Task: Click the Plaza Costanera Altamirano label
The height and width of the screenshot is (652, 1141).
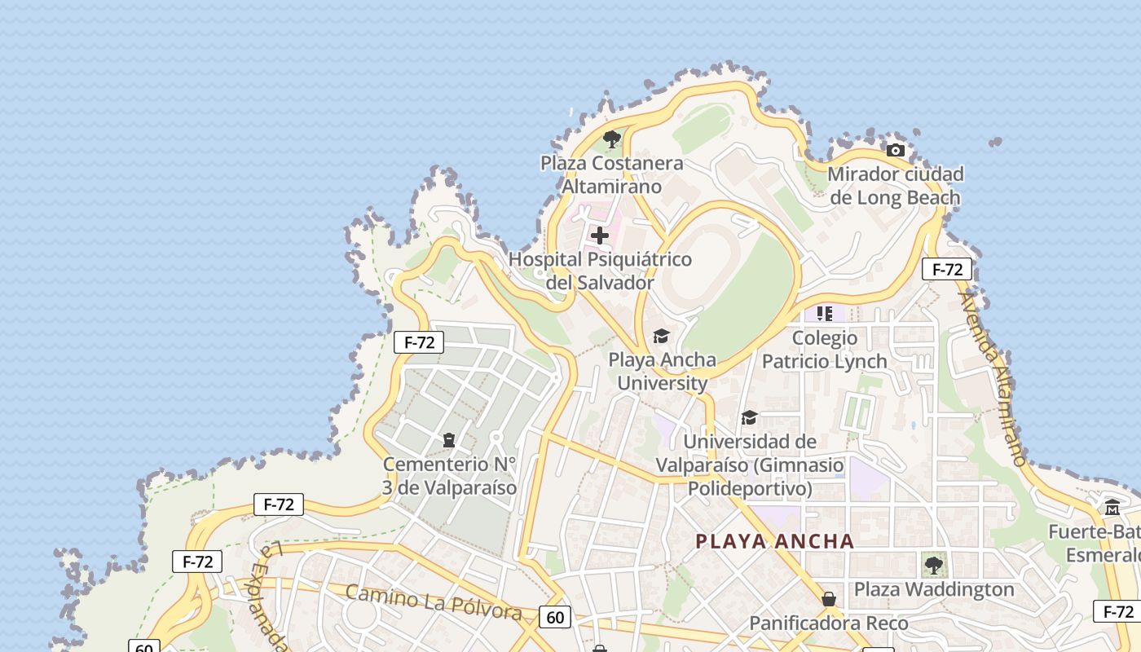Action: [612, 174]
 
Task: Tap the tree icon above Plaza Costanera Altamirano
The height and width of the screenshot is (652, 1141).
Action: [612, 139]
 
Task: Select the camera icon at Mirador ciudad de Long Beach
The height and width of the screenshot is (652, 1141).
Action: [896, 150]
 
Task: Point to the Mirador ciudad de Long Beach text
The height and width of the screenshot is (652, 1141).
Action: [895, 186]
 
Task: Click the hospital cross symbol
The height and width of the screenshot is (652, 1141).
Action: [600, 236]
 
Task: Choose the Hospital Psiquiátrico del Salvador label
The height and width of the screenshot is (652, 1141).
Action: [600, 271]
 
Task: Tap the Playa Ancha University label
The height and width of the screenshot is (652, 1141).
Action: [662, 371]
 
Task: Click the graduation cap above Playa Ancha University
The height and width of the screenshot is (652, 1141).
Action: [661, 336]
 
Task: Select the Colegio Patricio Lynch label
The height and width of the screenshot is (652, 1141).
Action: [825, 349]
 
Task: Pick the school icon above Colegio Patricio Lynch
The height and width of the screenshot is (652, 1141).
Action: [825, 313]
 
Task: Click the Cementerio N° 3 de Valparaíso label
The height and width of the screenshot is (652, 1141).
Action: [450, 476]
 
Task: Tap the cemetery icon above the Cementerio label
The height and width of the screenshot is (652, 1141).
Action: [448, 440]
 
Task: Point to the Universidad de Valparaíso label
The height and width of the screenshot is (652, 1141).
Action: [750, 465]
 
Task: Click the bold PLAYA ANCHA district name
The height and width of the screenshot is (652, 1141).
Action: [774, 541]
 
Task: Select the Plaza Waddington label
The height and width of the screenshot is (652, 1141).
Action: [934, 589]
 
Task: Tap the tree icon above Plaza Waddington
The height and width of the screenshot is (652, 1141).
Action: [934, 564]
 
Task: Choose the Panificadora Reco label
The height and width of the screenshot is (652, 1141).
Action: [829, 623]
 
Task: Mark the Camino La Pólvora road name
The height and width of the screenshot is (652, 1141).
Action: [433, 602]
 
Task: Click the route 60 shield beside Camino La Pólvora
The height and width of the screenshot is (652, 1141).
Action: [555, 617]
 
